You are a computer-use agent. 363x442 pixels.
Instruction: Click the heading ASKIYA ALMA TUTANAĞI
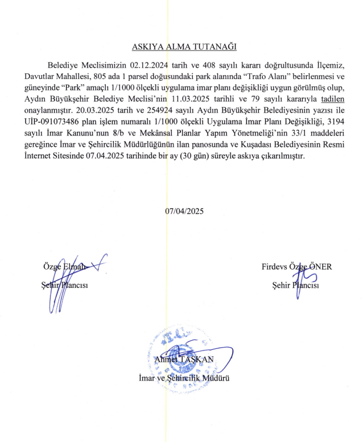click(181, 46)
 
